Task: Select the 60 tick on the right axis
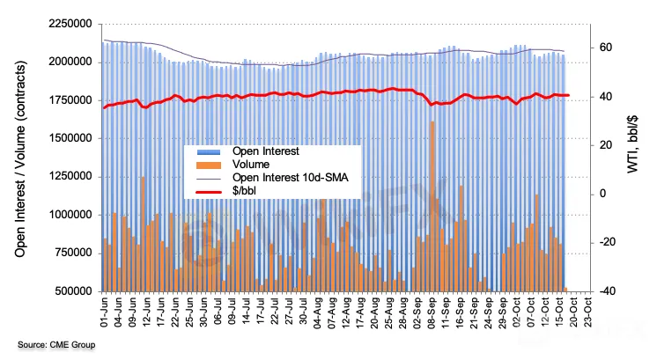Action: point(607,48)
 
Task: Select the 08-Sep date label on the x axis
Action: point(433,312)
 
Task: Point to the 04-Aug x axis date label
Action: point(319,312)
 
